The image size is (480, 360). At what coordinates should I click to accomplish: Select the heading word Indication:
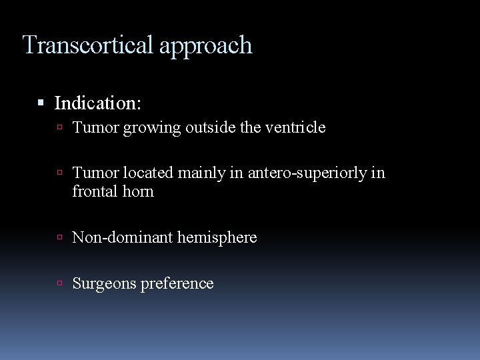[x=97, y=103]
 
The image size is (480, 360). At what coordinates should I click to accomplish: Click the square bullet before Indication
[x=41, y=103]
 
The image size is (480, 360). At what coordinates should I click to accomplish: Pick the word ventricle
[x=293, y=127]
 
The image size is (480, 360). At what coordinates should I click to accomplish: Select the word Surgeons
[x=102, y=283]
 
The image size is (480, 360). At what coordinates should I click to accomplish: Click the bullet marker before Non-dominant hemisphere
[x=61, y=237]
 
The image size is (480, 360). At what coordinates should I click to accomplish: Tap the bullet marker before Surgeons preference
[x=61, y=283]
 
